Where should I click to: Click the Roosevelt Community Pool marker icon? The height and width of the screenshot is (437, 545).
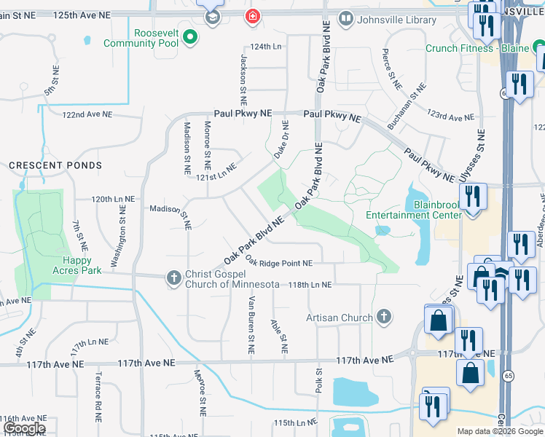(191, 35)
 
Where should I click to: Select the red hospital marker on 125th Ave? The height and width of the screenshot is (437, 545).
(253, 16)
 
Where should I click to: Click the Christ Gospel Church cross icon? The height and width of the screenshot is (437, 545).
(173, 277)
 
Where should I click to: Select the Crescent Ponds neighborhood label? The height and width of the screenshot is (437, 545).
(55, 165)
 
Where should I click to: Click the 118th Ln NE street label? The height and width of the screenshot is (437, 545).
(310, 285)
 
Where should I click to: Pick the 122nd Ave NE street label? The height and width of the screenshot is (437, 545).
(87, 115)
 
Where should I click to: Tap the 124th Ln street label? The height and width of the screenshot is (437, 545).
(265, 46)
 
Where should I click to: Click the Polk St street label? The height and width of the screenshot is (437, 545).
(319, 381)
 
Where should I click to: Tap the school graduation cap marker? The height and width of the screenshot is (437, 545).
(213, 16)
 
